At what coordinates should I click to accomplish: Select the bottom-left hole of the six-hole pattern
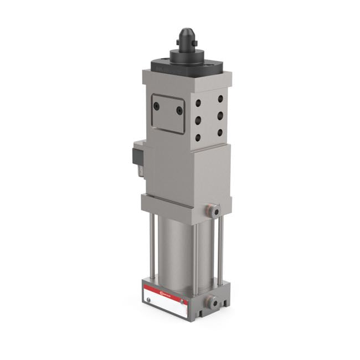[x=198, y=137]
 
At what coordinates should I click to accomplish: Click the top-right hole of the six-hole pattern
[x=220, y=99]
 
